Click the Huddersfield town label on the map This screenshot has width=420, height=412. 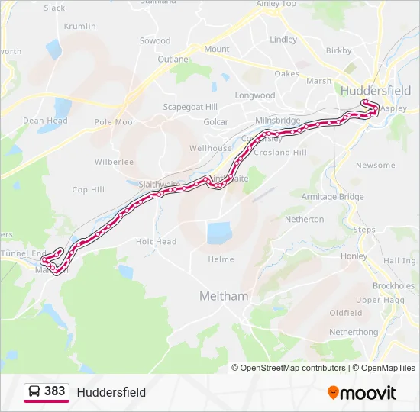pos(376,90)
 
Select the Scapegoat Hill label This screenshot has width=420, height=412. pos(190,107)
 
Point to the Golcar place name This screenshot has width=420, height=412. pos(215,122)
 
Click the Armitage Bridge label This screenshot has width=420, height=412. pos(333,197)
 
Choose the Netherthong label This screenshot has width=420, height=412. pos(354,333)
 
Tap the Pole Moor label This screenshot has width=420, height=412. pos(115,122)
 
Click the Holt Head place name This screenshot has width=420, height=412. pos(156,242)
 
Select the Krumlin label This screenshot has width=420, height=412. pos(80,26)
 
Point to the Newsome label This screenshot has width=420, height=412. pos(376,166)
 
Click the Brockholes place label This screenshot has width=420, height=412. pos(393,286)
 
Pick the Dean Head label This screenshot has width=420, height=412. pos(45,121)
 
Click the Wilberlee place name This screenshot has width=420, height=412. pos(114,162)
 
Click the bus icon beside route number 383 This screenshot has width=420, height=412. pos(34,392)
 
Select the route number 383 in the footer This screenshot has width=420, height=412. pos(54,391)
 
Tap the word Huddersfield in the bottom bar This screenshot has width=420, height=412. pos(111,393)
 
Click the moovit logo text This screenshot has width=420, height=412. pos(369,393)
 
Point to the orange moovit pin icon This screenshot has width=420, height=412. pos(334,393)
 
